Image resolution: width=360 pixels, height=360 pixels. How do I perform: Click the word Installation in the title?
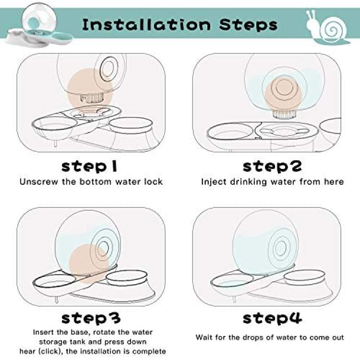(x=146, y=24)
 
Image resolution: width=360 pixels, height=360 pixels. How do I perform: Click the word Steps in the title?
(x=248, y=25)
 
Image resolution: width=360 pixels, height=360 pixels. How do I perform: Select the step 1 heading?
(x=89, y=167)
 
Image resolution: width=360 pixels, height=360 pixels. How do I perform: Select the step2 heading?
(x=272, y=167)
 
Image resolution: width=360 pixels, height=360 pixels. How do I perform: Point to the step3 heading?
(x=91, y=318)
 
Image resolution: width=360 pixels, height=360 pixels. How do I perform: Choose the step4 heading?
(x=272, y=318)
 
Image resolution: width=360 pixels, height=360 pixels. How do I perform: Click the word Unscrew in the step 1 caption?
(x=39, y=182)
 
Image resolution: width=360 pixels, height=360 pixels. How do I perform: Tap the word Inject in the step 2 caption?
(x=214, y=182)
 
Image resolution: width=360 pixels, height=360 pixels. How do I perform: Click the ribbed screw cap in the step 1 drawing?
(x=92, y=98)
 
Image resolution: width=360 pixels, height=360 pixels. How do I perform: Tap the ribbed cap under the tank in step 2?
(x=283, y=114)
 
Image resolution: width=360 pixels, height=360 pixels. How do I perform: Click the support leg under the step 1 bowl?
(x=55, y=143)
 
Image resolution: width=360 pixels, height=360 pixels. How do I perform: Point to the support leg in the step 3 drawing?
(x=57, y=300)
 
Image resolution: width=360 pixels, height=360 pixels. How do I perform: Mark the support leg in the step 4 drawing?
(x=234, y=300)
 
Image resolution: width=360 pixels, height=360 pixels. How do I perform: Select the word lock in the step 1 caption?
(x=154, y=182)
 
